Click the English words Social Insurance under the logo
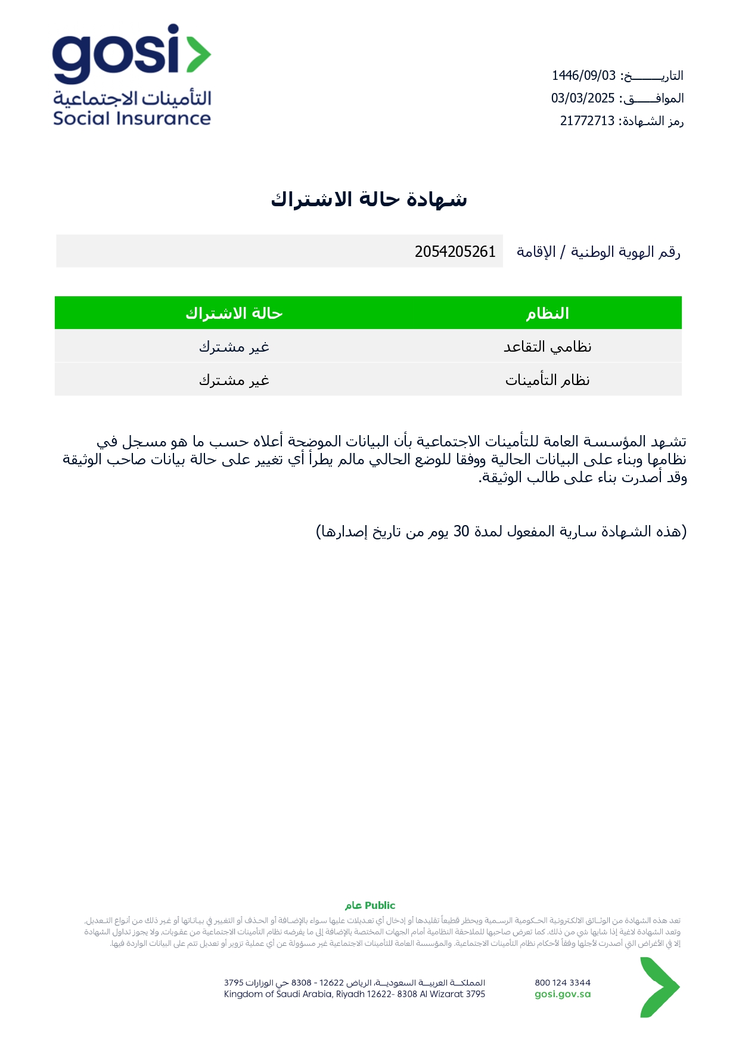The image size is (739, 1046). click(132, 118)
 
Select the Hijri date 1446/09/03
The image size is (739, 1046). click(583, 76)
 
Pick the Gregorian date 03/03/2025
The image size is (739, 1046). click(582, 98)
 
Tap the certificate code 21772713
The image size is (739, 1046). click(587, 121)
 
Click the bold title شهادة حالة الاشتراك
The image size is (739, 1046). click(369, 199)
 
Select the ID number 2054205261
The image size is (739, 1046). click(455, 252)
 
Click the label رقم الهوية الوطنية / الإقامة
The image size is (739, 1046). click(598, 252)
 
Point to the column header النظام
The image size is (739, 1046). click(547, 314)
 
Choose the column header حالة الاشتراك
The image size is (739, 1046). click(234, 314)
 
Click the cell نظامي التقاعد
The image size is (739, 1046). click(547, 347)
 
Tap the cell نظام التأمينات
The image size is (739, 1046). click(547, 380)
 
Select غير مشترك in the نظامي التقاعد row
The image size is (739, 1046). click(234, 347)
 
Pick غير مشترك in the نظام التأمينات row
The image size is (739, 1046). click(234, 380)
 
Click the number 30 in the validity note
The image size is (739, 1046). click(461, 532)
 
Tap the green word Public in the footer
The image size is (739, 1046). click(380, 905)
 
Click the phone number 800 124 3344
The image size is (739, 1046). click(563, 983)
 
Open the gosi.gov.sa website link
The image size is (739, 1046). click(563, 994)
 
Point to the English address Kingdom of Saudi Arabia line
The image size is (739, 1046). click(355, 994)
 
